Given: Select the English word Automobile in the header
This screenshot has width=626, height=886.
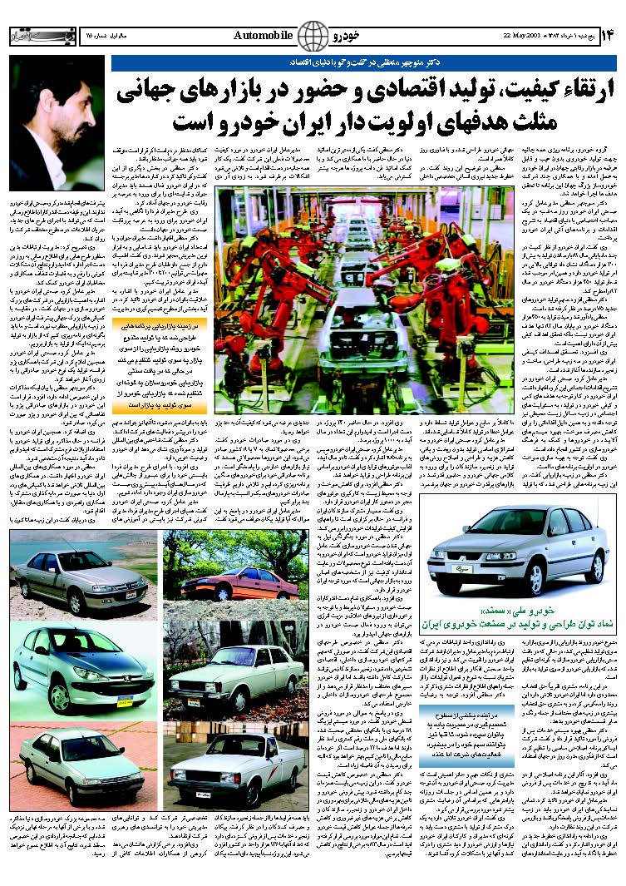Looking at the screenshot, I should [263, 35].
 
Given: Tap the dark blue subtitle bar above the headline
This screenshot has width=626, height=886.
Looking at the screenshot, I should [367, 62].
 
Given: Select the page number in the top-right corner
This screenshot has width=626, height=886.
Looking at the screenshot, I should [608, 36].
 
